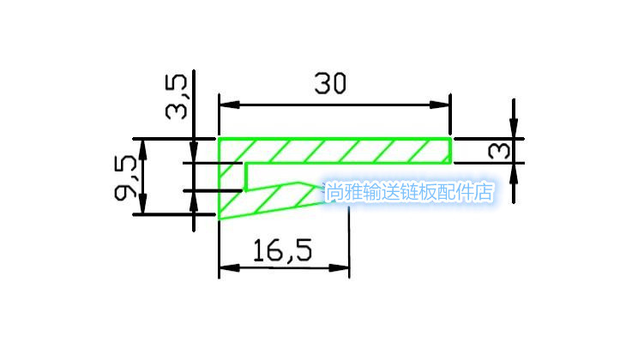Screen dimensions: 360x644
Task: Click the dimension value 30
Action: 330,84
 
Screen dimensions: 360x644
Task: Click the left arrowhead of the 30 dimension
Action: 226,105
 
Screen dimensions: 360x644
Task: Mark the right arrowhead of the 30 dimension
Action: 443,105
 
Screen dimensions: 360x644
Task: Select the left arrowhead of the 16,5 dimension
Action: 226,269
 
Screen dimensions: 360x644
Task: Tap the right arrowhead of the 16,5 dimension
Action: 343,269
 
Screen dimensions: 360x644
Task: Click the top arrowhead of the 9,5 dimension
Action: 143,145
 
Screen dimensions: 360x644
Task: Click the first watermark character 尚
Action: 333,192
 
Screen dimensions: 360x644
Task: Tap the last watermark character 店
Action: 485,192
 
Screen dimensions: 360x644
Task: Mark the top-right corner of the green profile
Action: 451,138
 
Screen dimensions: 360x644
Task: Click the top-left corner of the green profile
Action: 219,138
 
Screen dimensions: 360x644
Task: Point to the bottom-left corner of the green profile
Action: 220,219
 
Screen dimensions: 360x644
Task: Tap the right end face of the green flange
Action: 451,150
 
